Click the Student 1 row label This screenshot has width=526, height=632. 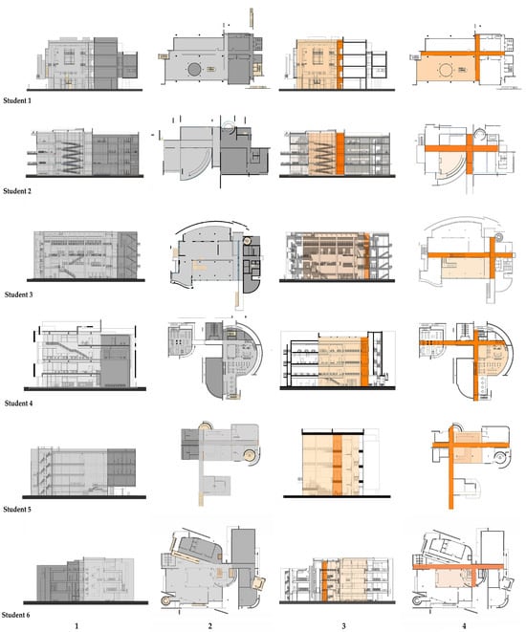point(17,100)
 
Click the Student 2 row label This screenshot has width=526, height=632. point(17,191)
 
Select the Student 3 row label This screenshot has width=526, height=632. point(18,294)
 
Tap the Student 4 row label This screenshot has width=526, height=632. point(18,403)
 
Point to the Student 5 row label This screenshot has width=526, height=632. point(17,510)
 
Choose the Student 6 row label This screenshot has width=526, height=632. point(15,615)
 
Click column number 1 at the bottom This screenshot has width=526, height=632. point(77,626)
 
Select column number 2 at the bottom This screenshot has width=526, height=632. point(210,626)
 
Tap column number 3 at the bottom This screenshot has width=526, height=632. point(343,626)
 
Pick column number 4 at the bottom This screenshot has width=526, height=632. point(464,626)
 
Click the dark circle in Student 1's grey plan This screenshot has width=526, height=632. point(194,70)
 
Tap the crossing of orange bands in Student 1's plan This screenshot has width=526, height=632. point(477,54)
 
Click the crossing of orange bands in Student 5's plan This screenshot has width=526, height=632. point(451,446)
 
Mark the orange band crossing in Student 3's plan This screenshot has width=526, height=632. point(493,254)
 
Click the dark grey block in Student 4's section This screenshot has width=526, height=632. point(116,360)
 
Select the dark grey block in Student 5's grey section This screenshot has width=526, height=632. point(121,468)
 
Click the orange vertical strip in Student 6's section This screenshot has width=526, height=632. point(324,580)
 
